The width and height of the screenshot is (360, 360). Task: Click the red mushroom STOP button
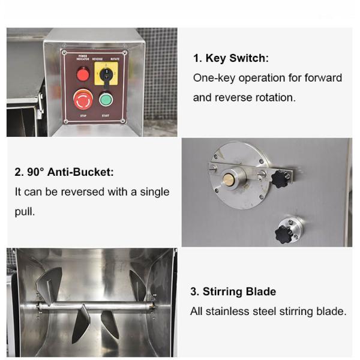click(x=83, y=98)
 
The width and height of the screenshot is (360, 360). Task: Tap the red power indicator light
click(x=83, y=74)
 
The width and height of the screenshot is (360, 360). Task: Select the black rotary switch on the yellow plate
click(x=106, y=74)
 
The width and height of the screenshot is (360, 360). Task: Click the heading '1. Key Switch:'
click(x=230, y=58)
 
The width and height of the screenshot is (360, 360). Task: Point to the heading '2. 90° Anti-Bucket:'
click(x=64, y=172)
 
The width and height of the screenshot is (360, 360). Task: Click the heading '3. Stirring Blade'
click(x=233, y=292)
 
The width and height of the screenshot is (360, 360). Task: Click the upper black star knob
click(x=280, y=178)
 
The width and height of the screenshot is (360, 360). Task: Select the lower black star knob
click(x=284, y=232)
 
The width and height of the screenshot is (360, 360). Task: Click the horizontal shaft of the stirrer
click(x=96, y=305)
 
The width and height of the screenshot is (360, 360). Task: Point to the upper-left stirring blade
click(x=49, y=283)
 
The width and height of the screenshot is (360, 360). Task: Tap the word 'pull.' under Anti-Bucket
click(x=26, y=212)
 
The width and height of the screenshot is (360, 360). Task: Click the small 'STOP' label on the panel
click(x=83, y=115)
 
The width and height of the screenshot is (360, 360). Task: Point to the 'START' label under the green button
click(x=106, y=115)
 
